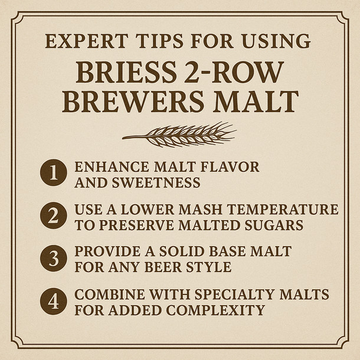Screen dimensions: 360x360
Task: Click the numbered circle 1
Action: (53, 174)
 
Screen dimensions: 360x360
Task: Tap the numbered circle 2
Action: (53, 217)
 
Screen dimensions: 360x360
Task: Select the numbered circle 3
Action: (53, 258)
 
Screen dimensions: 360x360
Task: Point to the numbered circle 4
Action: (53, 301)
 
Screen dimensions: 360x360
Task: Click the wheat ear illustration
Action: (179, 135)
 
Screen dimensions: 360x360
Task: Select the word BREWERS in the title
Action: (130, 101)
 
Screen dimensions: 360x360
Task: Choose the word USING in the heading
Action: (280, 41)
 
